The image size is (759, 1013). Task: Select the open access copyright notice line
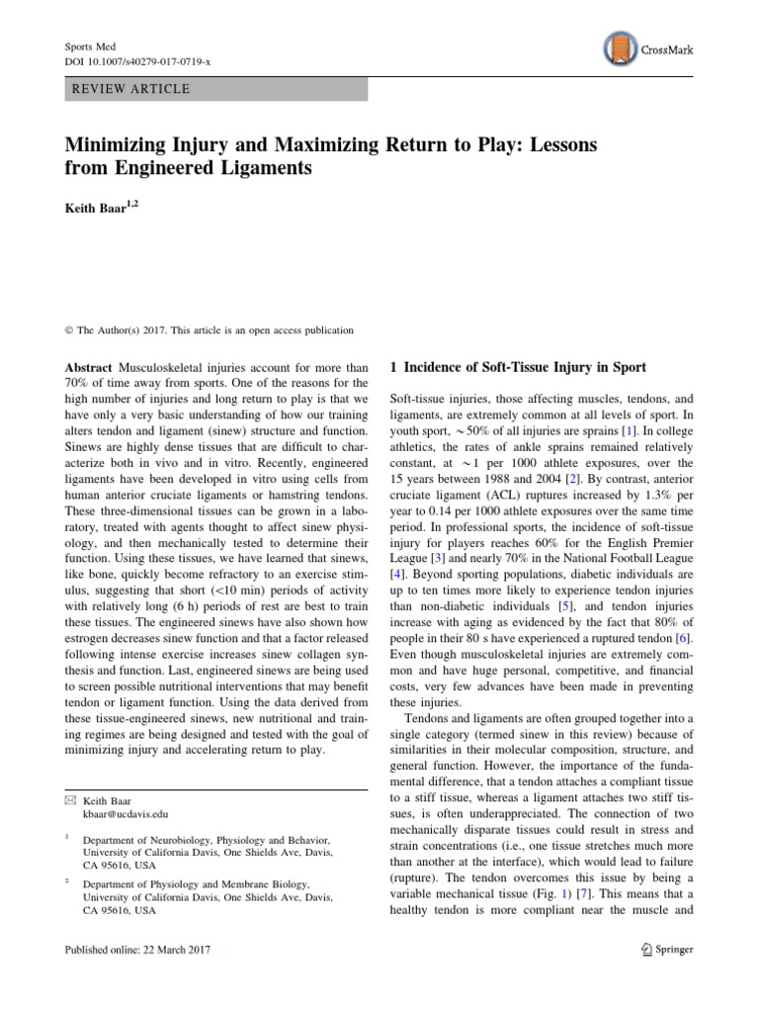tap(209, 330)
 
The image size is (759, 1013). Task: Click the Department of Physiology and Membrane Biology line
tap(196, 883)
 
